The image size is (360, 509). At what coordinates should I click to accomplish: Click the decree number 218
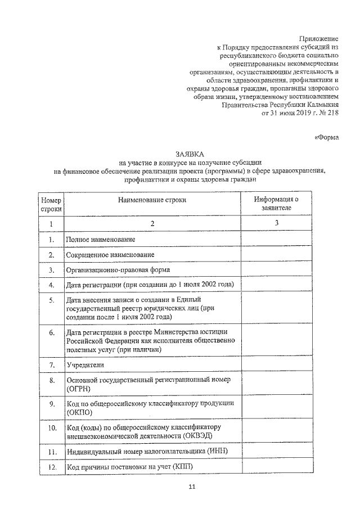tap(332, 112)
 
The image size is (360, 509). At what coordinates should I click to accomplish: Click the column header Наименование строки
tap(152, 200)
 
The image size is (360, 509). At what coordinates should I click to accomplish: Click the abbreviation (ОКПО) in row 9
tap(79, 412)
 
